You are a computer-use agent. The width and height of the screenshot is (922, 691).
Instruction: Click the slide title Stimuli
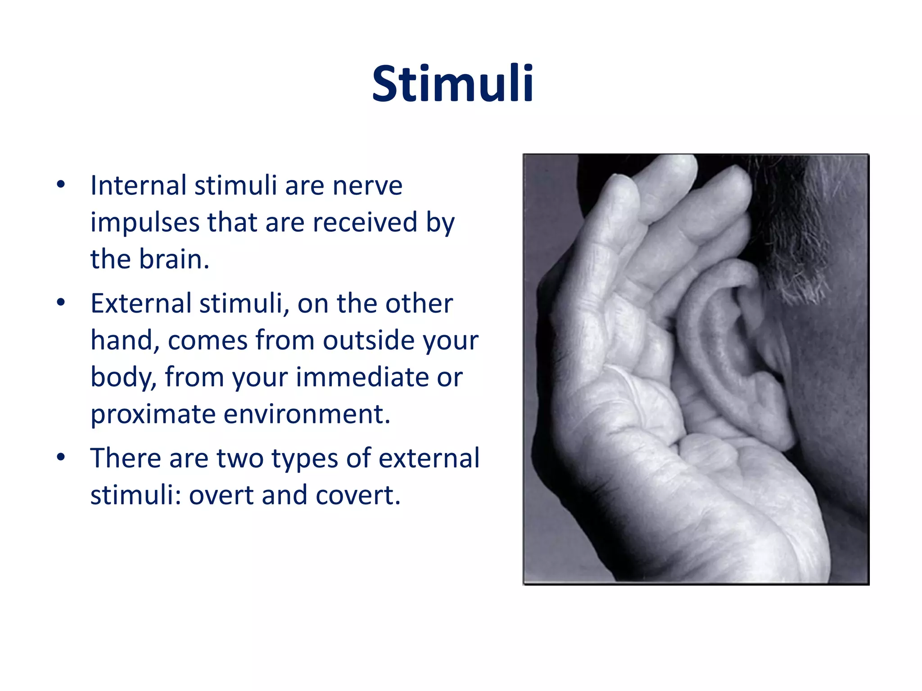click(x=452, y=84)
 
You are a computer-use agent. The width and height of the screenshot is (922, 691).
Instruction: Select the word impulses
click(x=144, y=223)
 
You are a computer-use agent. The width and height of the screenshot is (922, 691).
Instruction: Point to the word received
click(x=365, y=222)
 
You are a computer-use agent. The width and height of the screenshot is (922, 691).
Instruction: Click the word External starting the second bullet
click(x=141, y=304)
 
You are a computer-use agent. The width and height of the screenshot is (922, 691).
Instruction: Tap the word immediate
click(x=362, y=377)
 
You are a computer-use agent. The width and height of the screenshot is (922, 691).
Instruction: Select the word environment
click(x=307, y=414)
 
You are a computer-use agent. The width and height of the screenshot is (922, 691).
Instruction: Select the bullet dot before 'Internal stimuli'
click(x=61, y=185)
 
